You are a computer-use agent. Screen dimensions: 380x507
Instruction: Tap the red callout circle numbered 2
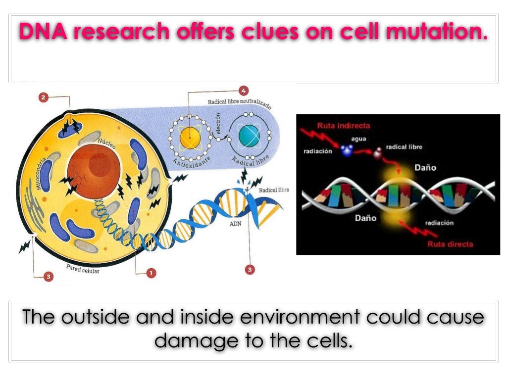coord(44,97)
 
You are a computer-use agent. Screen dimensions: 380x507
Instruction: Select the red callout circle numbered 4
coord(243,91)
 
